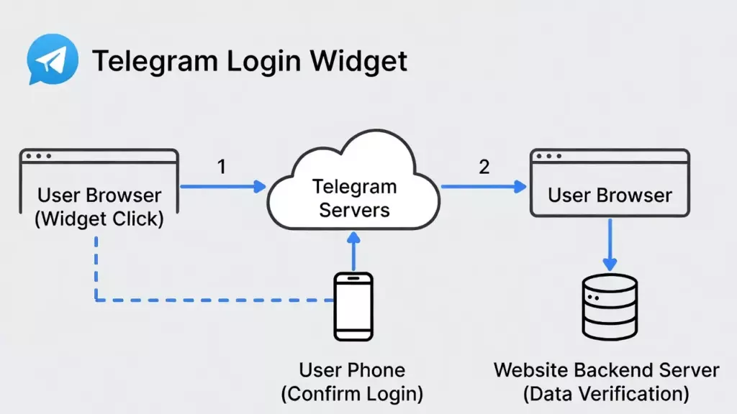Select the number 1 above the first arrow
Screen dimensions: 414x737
pyautogui.click(x=222, y=167)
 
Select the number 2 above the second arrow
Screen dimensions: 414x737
pyautogui.click(x=484, y=167)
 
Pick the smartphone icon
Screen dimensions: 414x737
pyautogui.click(x=353, y=306)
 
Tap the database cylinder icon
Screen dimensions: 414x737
pyautogui.click(x=610, y=307)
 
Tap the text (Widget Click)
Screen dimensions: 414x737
pyautogui.click(x=99, y=218)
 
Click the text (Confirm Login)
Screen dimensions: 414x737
pyautogui.click(x=352, y=394)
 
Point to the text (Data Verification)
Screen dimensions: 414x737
pyautogui.click(x=607, y=394)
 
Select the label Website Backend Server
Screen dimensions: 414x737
pyautogui.click(x=607, y=371)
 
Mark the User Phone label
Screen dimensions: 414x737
pyautogui.click(x=352, y=371)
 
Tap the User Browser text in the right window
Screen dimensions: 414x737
pyautogui.click(x=610, y=195)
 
